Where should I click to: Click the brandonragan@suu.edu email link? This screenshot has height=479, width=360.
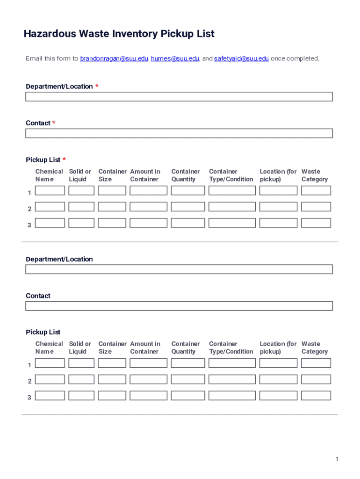[114, 58]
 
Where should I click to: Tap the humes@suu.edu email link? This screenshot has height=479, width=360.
[175, 58]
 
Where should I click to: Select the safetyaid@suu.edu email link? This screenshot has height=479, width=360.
[241, 58]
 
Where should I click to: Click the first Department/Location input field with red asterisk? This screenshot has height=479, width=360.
[179, 97]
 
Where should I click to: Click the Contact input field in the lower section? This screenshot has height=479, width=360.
[179, 306]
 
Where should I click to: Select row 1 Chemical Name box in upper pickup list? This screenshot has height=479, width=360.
[50, 190]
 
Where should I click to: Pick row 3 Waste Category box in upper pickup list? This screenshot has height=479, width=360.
[316, 223]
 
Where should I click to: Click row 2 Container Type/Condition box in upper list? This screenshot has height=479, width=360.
[232, 207]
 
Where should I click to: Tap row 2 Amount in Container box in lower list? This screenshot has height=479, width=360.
[148, 379]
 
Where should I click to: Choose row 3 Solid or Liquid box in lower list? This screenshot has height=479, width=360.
[81, 396]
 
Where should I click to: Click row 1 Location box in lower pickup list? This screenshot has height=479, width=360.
[278, 363]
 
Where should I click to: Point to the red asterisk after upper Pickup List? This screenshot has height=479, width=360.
[64, 160]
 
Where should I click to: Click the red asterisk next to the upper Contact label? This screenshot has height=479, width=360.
[54, 123]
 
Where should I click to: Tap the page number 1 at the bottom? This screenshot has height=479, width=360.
[337, 459]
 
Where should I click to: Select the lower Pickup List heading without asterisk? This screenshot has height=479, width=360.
[43, 332]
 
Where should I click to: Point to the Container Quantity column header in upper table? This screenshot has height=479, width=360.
[185, 175]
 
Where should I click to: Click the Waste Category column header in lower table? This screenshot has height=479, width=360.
[315, 348]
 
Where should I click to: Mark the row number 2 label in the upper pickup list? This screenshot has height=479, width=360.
[29, 209]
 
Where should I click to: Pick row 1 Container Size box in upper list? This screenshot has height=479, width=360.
[112, 190]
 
